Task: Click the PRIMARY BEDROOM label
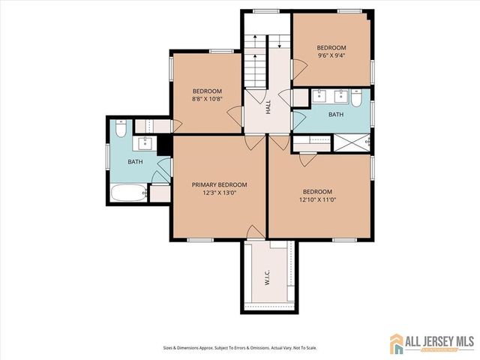pos(219,184)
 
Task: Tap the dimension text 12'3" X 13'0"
pos(219,193)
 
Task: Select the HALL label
pos(268,108)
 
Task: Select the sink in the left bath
pos(145,143)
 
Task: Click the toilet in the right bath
pos(357,97)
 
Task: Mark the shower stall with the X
pos(349,142)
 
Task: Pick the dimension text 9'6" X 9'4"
pos(332,55)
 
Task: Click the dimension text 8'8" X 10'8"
pos(208,97)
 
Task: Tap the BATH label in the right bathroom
pos(335,115)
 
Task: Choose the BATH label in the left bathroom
pos(135,161)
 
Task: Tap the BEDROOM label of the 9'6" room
pos(332,46)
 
